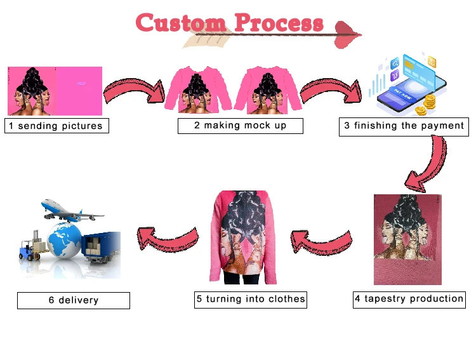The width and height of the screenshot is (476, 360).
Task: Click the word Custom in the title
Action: pos(181,23)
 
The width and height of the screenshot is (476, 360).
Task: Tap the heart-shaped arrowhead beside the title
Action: pos(347,35)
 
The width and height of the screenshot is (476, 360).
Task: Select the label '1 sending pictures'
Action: pos(56,126)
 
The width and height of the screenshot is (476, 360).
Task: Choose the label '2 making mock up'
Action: pos(240,126)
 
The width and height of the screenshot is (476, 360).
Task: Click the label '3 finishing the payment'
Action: pos(404,126)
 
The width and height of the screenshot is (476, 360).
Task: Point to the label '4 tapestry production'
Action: pos(409,299)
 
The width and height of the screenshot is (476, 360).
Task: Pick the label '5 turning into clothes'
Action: pos(251,299)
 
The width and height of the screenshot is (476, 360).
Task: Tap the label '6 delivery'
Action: pos(73,300)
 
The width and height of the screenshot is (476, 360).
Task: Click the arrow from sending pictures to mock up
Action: pos(134,91)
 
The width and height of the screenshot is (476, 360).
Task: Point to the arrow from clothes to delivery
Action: pos(168,237)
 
